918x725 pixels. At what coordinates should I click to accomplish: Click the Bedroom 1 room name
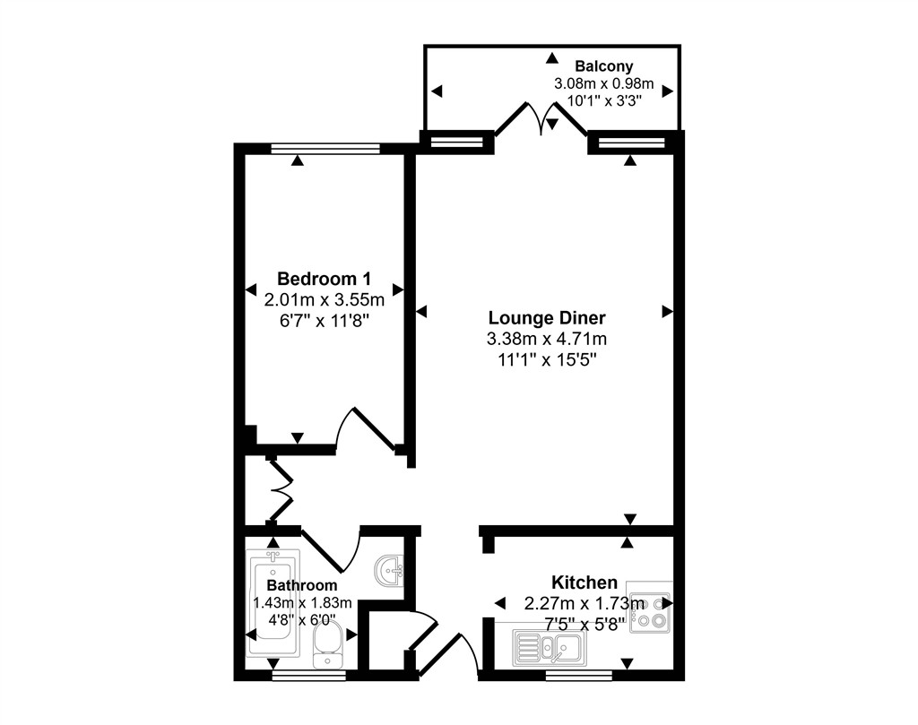coord(324,278)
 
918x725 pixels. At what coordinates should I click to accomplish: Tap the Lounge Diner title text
coord(547,318)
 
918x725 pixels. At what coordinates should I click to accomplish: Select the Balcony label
coord(603,65)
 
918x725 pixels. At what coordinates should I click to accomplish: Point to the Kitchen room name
coord(584,583)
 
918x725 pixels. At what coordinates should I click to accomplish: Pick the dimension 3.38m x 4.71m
coord(547,340)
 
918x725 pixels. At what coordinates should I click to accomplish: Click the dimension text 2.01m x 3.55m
coord(324,298)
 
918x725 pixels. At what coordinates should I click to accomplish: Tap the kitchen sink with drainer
coord(547,646)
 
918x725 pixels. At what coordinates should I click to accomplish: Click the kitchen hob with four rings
coord(650,613)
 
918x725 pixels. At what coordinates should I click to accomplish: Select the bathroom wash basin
coord(391,570)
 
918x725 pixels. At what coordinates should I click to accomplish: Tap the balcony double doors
coord(541,119)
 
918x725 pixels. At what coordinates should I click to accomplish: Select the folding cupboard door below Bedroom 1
coord(280,490)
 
